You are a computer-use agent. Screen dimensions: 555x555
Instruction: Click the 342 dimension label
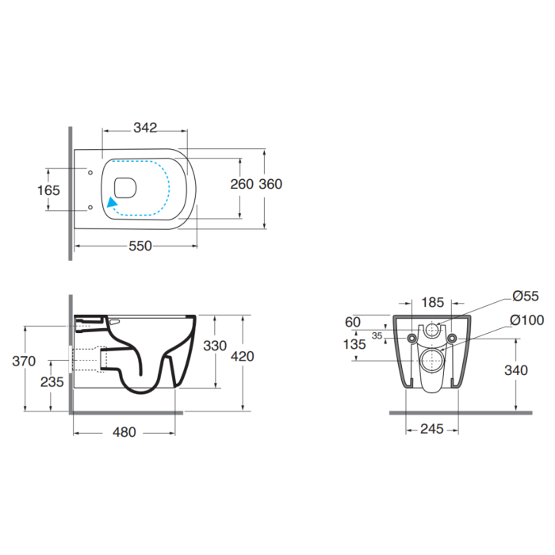coord(145,128)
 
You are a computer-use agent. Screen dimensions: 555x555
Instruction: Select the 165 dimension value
coord(48,190)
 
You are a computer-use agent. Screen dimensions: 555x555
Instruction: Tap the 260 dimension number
coord(242,184)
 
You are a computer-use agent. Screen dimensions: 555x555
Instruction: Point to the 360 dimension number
coord(270,184)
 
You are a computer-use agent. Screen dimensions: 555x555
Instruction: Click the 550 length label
coord(140,246)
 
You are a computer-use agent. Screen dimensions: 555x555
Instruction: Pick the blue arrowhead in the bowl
coord(112,202)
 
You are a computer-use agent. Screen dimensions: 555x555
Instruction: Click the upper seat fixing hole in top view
coord(90,172)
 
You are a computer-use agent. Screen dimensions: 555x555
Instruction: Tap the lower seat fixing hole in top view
coord(90,208)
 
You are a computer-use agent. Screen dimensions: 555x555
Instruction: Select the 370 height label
coord(24,362)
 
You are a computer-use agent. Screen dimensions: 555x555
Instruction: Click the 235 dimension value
coord(52,382)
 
